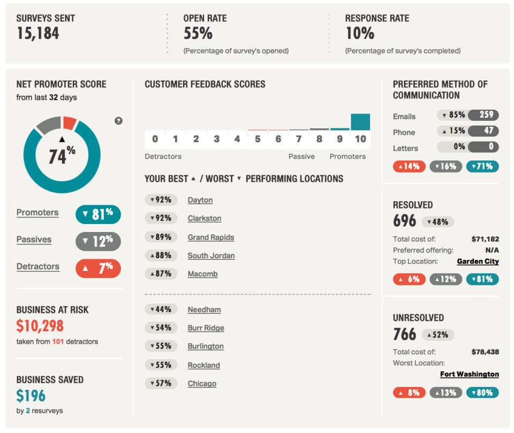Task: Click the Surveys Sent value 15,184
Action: (37, 34)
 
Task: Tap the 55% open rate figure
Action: (198, 34)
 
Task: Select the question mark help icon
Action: (118, 121)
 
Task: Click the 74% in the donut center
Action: (62, 156)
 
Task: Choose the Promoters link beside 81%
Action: (37, 212)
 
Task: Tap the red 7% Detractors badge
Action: (98, 267)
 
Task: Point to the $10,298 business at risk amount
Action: (40, 326)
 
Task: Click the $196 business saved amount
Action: (31, 396)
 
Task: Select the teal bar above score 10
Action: (360, 122)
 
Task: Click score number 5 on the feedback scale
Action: (258, 139)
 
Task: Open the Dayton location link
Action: (200, 200)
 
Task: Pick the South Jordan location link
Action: (211, 256)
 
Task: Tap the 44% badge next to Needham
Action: (160, 310)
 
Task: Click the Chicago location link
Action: (202, 383)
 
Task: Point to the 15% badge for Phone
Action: (452, 131)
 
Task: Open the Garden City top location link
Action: (478, 261)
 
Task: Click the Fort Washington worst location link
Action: (469, 374)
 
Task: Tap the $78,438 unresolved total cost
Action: (485, 352)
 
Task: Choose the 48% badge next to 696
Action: (438, 222)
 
